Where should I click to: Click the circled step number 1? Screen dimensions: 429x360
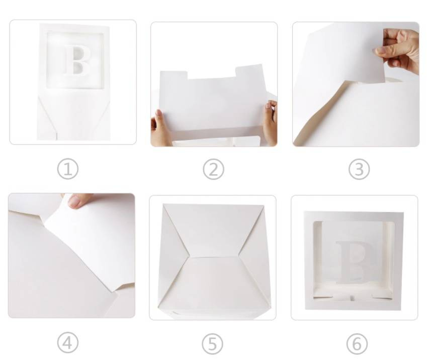coord(67,169)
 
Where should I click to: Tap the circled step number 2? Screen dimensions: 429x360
coord(213,169)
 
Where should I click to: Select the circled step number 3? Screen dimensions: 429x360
coord(359,169)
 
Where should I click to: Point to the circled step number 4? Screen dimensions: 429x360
coord(67,343)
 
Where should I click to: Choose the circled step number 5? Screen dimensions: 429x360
coord(213,344)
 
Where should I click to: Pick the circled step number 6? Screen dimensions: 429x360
coord(357,344)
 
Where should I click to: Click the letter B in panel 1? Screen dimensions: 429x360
coord(77,60)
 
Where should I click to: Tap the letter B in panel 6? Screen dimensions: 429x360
coord(354,262)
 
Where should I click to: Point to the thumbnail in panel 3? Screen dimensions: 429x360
coord(381,50)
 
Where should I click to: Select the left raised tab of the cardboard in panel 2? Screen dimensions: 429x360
coord(174,76)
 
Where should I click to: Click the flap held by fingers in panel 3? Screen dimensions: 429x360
coord(342,52)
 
